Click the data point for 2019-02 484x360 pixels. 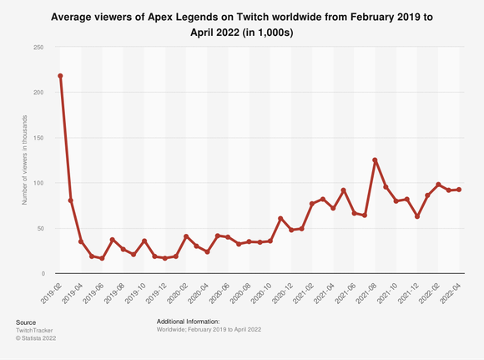(60, 76)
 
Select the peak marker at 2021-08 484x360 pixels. (375, 160)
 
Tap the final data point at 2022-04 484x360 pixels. (459, 190)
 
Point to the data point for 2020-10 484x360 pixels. (270, 241)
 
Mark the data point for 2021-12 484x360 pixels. (416, 216)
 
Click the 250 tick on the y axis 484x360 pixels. (38, 47)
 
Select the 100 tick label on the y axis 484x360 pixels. (38, 183)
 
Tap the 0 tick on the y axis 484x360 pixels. (43, 273)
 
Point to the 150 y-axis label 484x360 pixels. (38, 138)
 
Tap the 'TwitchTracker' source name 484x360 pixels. (33, 331)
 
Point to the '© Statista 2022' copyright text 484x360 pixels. (37, 340)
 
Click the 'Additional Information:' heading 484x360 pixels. (188, 322)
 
